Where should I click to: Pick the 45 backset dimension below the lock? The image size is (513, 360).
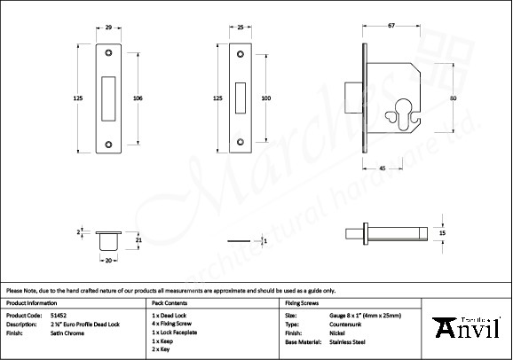(x=382, y=168)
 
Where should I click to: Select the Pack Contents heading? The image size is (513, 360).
(x=170, y=303)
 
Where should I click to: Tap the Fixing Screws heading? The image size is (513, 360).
(x=302, y=303)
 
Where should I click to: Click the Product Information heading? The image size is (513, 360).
(x=31, y=303)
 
